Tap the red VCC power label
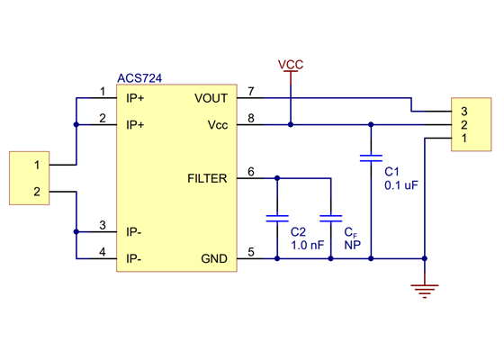[x=291, y=65]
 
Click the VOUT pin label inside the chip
[x=211, y=97]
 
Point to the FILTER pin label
[x=208, y=177]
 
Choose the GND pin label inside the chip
[x=214, y=259]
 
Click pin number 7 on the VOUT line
[x=251, y=92]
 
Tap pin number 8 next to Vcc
[x=251, y=118]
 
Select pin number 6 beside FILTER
[x=251, y=172]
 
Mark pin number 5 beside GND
[x=251, y=253]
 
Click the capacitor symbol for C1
[x=370, y=157]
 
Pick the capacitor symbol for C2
[x=277, y=217]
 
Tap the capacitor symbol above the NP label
[x=331, y=217]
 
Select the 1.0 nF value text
[x=306, y=244]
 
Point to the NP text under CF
[x=352, y=244]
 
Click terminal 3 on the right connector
[x=463, y=111]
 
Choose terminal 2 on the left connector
[x=37, y=192]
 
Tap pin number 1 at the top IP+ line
[x=103, y=92]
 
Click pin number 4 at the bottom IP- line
[x=103, y=253]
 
